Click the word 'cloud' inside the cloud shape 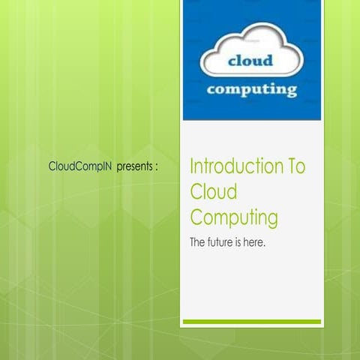pos(251,61)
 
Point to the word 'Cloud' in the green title pos(214,192)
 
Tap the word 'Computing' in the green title pos(234,218)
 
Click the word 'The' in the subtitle pos(198,243)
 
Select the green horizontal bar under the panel pos(252,322)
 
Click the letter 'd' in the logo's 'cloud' pos(271,61)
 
